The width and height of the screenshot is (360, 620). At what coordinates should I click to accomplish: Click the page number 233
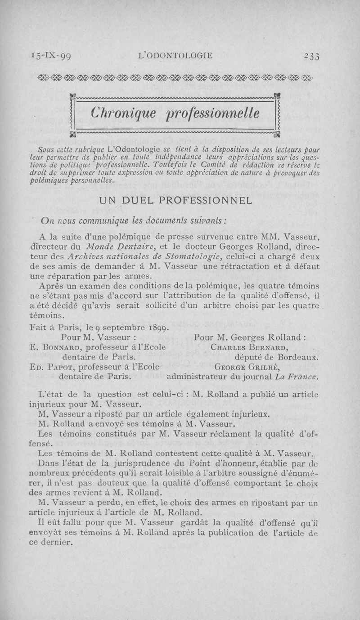click(311, 55)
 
